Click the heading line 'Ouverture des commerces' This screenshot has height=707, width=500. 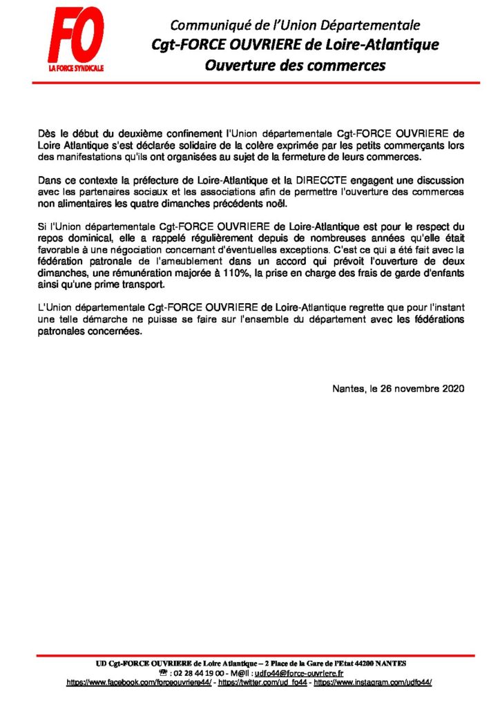[x=295, y=66]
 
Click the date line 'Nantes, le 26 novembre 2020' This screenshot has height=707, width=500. [x=398, y=388]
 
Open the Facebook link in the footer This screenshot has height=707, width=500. [x=139, y=681]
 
